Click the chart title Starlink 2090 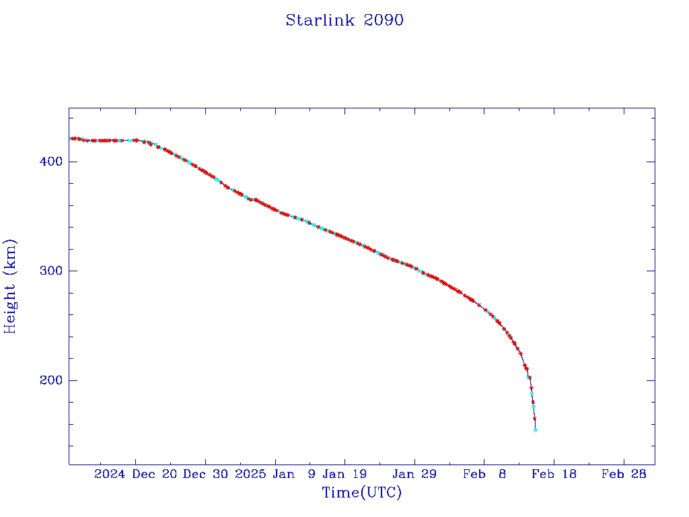click(344, 20)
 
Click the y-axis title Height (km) click(10, 286)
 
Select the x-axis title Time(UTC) click(362, 493)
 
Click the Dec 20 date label click(154, 474)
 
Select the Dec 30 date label click(206, 474)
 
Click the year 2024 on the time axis click(110, 474)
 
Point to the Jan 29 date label click(414, 474)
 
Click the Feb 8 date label click(484, 474)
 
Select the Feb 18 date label click(554, 474)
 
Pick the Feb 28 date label click(624, 474)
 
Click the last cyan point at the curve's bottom click(536, 429)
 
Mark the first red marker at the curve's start click(72, 139)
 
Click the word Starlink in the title click(320, 20)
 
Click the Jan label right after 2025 click(283, 474)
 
